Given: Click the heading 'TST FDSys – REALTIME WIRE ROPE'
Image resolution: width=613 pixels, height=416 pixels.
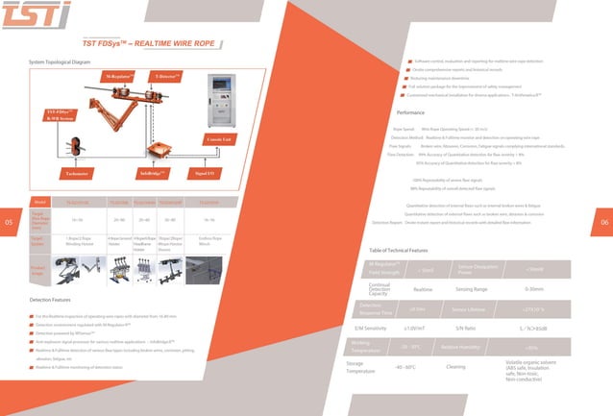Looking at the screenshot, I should [149, 43].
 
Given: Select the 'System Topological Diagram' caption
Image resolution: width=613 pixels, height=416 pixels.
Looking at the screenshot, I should [60, 61].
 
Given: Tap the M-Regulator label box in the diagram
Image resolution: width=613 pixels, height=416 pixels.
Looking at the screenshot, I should [119, 75].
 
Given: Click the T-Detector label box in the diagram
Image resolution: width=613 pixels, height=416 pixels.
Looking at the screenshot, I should [169, 75].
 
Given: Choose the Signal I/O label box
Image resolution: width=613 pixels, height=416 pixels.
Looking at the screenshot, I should [205, 174].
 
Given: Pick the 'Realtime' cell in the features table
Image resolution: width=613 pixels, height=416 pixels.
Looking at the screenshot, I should [423, 288].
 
